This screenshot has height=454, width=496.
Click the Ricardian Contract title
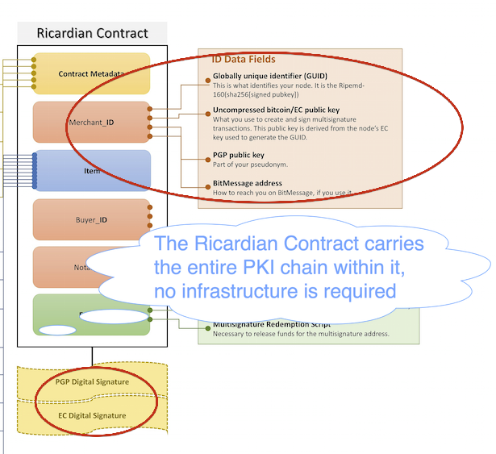(93, 34)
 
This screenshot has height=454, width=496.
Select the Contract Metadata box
(91, 74)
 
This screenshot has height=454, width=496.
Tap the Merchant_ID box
(91, 123)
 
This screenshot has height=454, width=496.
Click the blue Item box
(91, 170)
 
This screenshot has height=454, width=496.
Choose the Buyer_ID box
(91, 219)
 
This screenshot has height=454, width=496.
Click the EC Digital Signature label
(92, 415)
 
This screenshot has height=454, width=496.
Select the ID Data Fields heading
(243, 59)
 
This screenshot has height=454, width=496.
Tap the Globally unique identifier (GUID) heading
(267, 77)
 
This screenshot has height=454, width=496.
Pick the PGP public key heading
(239, 155)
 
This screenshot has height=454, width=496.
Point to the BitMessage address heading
(247, 183)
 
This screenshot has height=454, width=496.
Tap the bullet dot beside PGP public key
(207, 156)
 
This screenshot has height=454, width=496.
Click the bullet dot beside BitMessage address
(207, 184)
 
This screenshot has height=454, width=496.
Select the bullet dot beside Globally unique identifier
(207, 77)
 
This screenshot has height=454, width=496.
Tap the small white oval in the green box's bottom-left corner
(57, 330)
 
